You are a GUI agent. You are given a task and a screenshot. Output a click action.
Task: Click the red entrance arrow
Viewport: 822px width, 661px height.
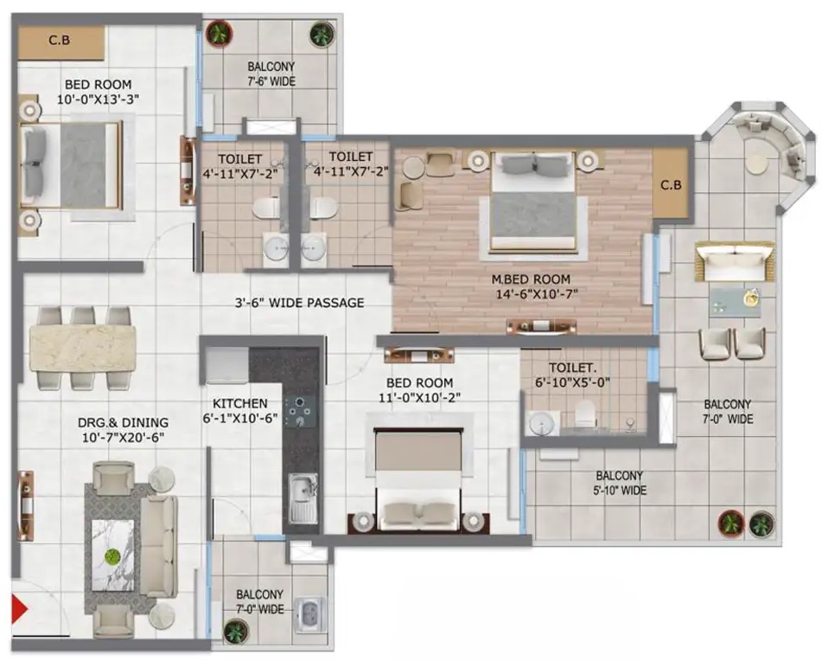pyautogui.click(x=19, y=609)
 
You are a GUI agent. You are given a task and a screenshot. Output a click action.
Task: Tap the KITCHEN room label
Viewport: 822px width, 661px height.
pyautogui.click(x=240, y=403)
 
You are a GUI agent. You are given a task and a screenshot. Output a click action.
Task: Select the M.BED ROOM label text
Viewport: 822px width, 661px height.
pyautogui.click(x=531, y=279)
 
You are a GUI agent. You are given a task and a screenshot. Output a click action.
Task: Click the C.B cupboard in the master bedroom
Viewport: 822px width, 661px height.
pyautogui.click(x=671, y=183)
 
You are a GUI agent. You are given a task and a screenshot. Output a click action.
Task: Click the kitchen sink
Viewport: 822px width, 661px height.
pyautogui.click(x=303, y=498)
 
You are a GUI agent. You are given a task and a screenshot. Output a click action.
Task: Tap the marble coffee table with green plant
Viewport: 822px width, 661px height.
pyautogui.click(x=112, y=555)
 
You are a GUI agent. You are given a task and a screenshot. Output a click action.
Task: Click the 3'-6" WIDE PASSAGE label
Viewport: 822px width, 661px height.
pyautogui.click(x=299, y=303)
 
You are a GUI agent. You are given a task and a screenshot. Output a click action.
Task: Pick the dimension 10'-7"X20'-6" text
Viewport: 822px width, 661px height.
pyautogui.click(x=124, y=438)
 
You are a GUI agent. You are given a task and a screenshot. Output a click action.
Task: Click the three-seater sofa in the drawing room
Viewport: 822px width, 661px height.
pyautogui.click(x=159, y=547)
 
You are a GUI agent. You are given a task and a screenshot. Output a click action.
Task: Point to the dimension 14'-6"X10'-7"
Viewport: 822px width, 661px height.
pyautogui.click(x=537, y=294)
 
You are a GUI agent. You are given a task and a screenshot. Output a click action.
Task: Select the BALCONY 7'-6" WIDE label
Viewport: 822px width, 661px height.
pyautogui.click(x=271, y=74)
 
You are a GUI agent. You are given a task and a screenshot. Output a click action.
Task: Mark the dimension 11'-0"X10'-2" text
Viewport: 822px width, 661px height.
pyautogui.click(x=420, y=398)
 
